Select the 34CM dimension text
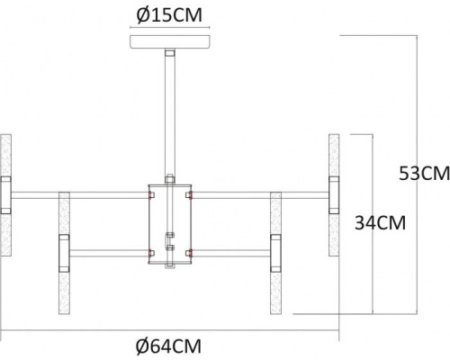pos(380,221)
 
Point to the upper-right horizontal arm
pos(261,193)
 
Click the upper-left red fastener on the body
pos(150,193)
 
